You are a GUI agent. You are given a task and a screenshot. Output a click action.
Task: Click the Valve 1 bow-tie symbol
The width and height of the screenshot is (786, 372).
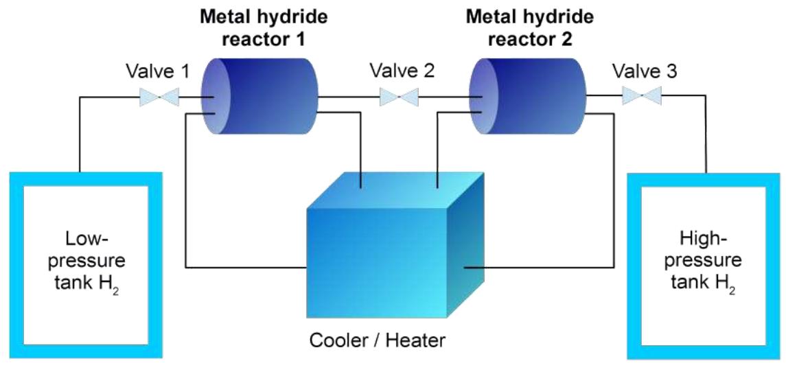[159, 97]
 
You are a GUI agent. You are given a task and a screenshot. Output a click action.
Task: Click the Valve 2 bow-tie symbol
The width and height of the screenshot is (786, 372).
[400, 97]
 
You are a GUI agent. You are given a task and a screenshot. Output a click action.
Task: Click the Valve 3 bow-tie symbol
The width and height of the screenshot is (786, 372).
[642, 97]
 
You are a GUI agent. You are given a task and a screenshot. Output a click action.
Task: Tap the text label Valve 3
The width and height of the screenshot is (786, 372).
[645, 71]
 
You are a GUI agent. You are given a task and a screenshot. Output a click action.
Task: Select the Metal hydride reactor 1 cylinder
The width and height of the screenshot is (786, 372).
[264, 97]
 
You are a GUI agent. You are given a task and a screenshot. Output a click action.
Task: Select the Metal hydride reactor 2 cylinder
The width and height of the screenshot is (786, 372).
[532, 97]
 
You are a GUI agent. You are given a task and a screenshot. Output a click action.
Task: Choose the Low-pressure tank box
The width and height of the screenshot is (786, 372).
[86, 264]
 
